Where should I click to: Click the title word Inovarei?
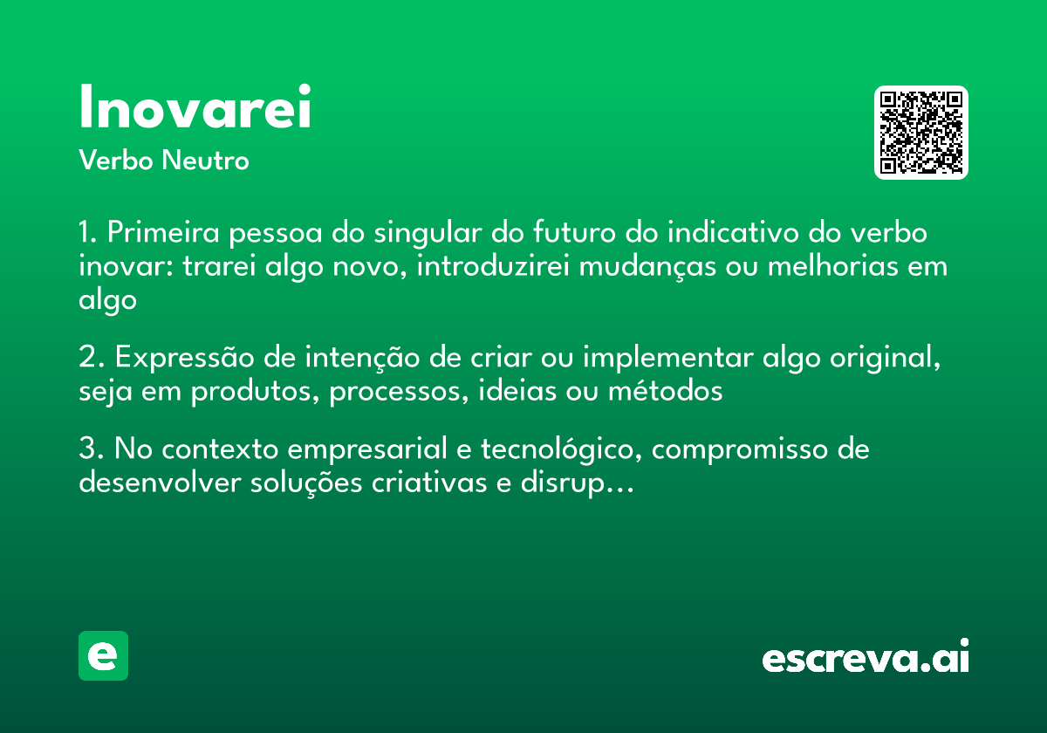195,108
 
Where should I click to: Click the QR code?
921,133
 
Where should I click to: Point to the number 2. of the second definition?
91,359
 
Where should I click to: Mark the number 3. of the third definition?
91,450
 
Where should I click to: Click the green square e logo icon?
103,655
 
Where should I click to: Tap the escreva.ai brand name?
865,656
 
